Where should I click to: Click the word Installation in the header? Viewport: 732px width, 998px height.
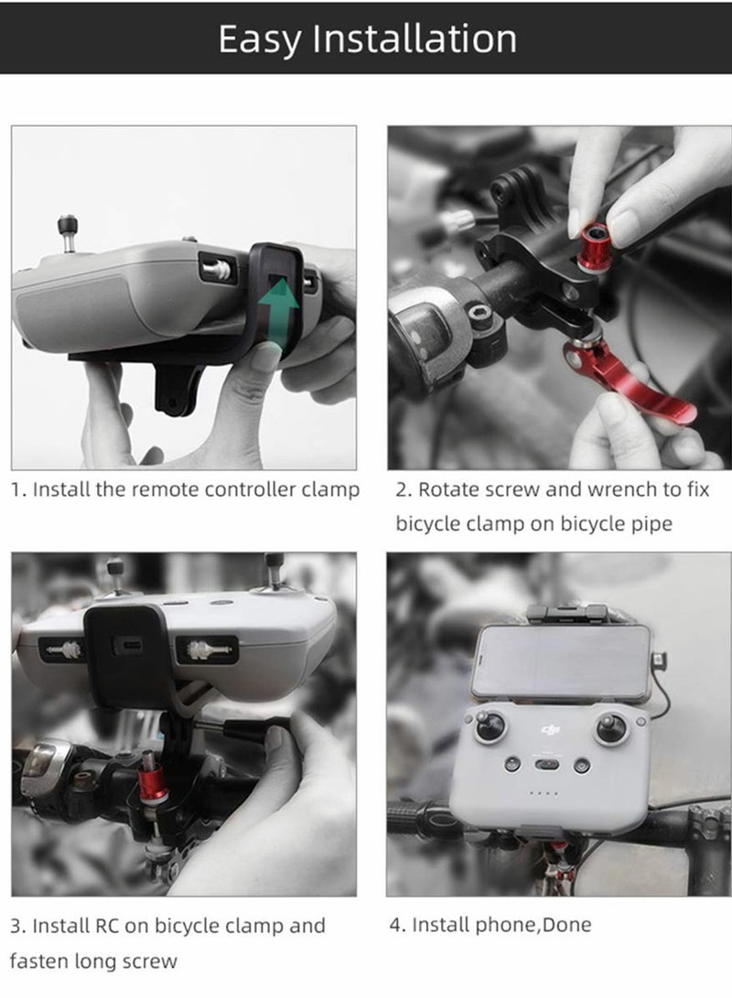click(x=414, y=38)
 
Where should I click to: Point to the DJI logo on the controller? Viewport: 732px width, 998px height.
click(x=550, y=729)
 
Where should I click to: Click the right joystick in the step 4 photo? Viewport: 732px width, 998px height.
click(x=609, y=728)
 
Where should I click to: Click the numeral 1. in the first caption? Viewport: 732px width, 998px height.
click(x=18, y=489)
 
